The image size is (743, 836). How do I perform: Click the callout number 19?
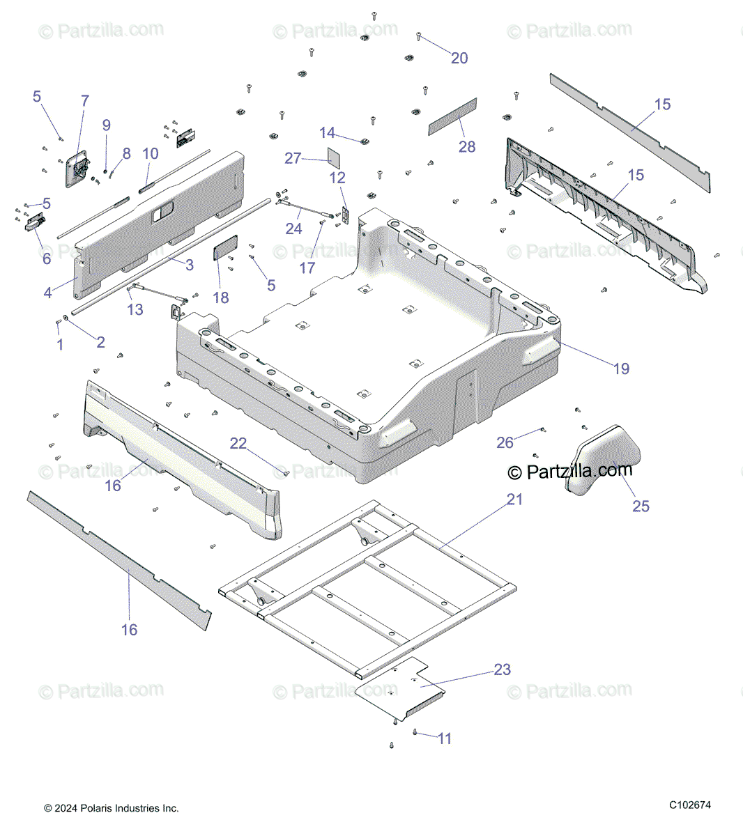(621, 369)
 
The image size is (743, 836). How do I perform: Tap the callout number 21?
(514, 500)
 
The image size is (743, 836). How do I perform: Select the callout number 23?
(503, 669)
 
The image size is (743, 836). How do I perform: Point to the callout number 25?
(641, 506)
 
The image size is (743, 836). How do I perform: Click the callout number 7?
(85, 101)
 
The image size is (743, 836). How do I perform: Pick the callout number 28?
(467, 146)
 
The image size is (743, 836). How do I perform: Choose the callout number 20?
(459, 59)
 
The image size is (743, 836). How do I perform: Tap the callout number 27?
(293, 158)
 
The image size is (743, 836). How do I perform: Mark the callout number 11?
(445, 738)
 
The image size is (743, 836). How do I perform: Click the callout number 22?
(238, 443)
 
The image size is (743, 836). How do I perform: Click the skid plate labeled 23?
(401, 686)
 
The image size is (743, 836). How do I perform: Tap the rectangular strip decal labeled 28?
(452, 115)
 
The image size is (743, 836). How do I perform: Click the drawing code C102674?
(690, 805)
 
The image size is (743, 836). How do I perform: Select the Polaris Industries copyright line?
(112, 808)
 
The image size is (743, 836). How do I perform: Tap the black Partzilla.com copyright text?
(570, 472)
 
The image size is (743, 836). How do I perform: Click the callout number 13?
(135, 309)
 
